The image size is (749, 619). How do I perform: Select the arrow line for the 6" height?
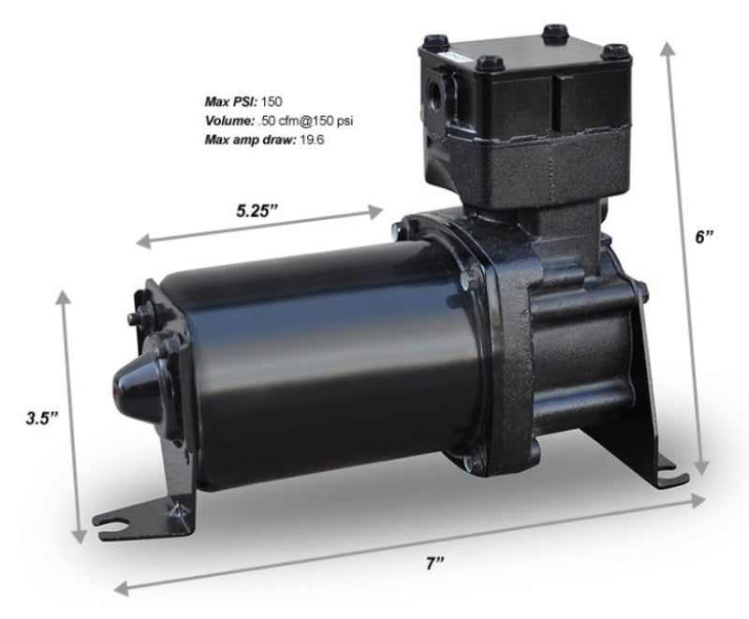coord(682,262)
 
